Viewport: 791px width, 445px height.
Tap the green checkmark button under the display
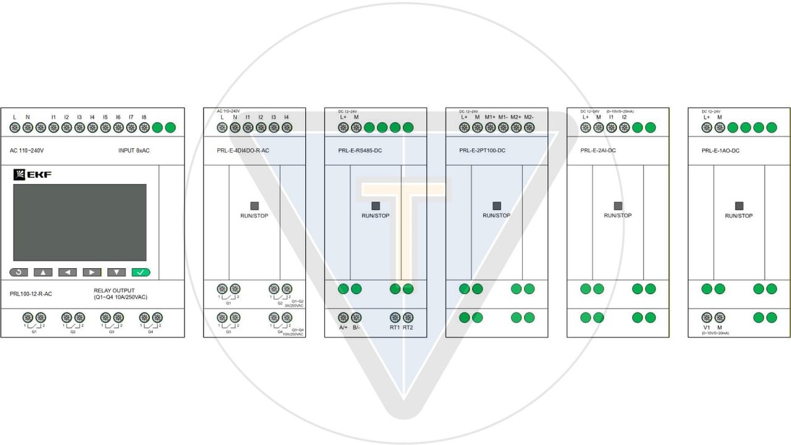coord(141,272)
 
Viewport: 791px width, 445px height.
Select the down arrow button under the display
coord(117,272)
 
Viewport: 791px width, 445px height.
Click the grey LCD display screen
coord(80,222)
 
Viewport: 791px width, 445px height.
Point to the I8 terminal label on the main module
coord(144,117)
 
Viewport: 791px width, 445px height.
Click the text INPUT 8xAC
coord(134,151)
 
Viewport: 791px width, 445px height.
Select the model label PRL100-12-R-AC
coord(31,294)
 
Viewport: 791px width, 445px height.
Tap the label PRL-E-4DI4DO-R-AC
coord(243,151)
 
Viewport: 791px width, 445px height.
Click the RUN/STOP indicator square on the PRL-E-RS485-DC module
coord(376,206)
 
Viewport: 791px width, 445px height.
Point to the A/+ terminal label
coord(343,328)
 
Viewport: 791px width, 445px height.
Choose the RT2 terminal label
coord(408,328)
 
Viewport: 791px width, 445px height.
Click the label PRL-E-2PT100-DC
coord(482,151)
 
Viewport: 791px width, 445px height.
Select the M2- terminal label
coord(529,117)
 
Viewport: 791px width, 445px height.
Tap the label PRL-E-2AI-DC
coord(598,151)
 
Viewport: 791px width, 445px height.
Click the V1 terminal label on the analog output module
coord(707,328)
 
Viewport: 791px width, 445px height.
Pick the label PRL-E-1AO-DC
coord(720,151)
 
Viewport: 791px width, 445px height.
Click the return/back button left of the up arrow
coord(18,272)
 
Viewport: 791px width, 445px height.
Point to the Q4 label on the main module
coord(150,331)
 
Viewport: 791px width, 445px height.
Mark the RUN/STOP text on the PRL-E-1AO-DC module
coord(739,216)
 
